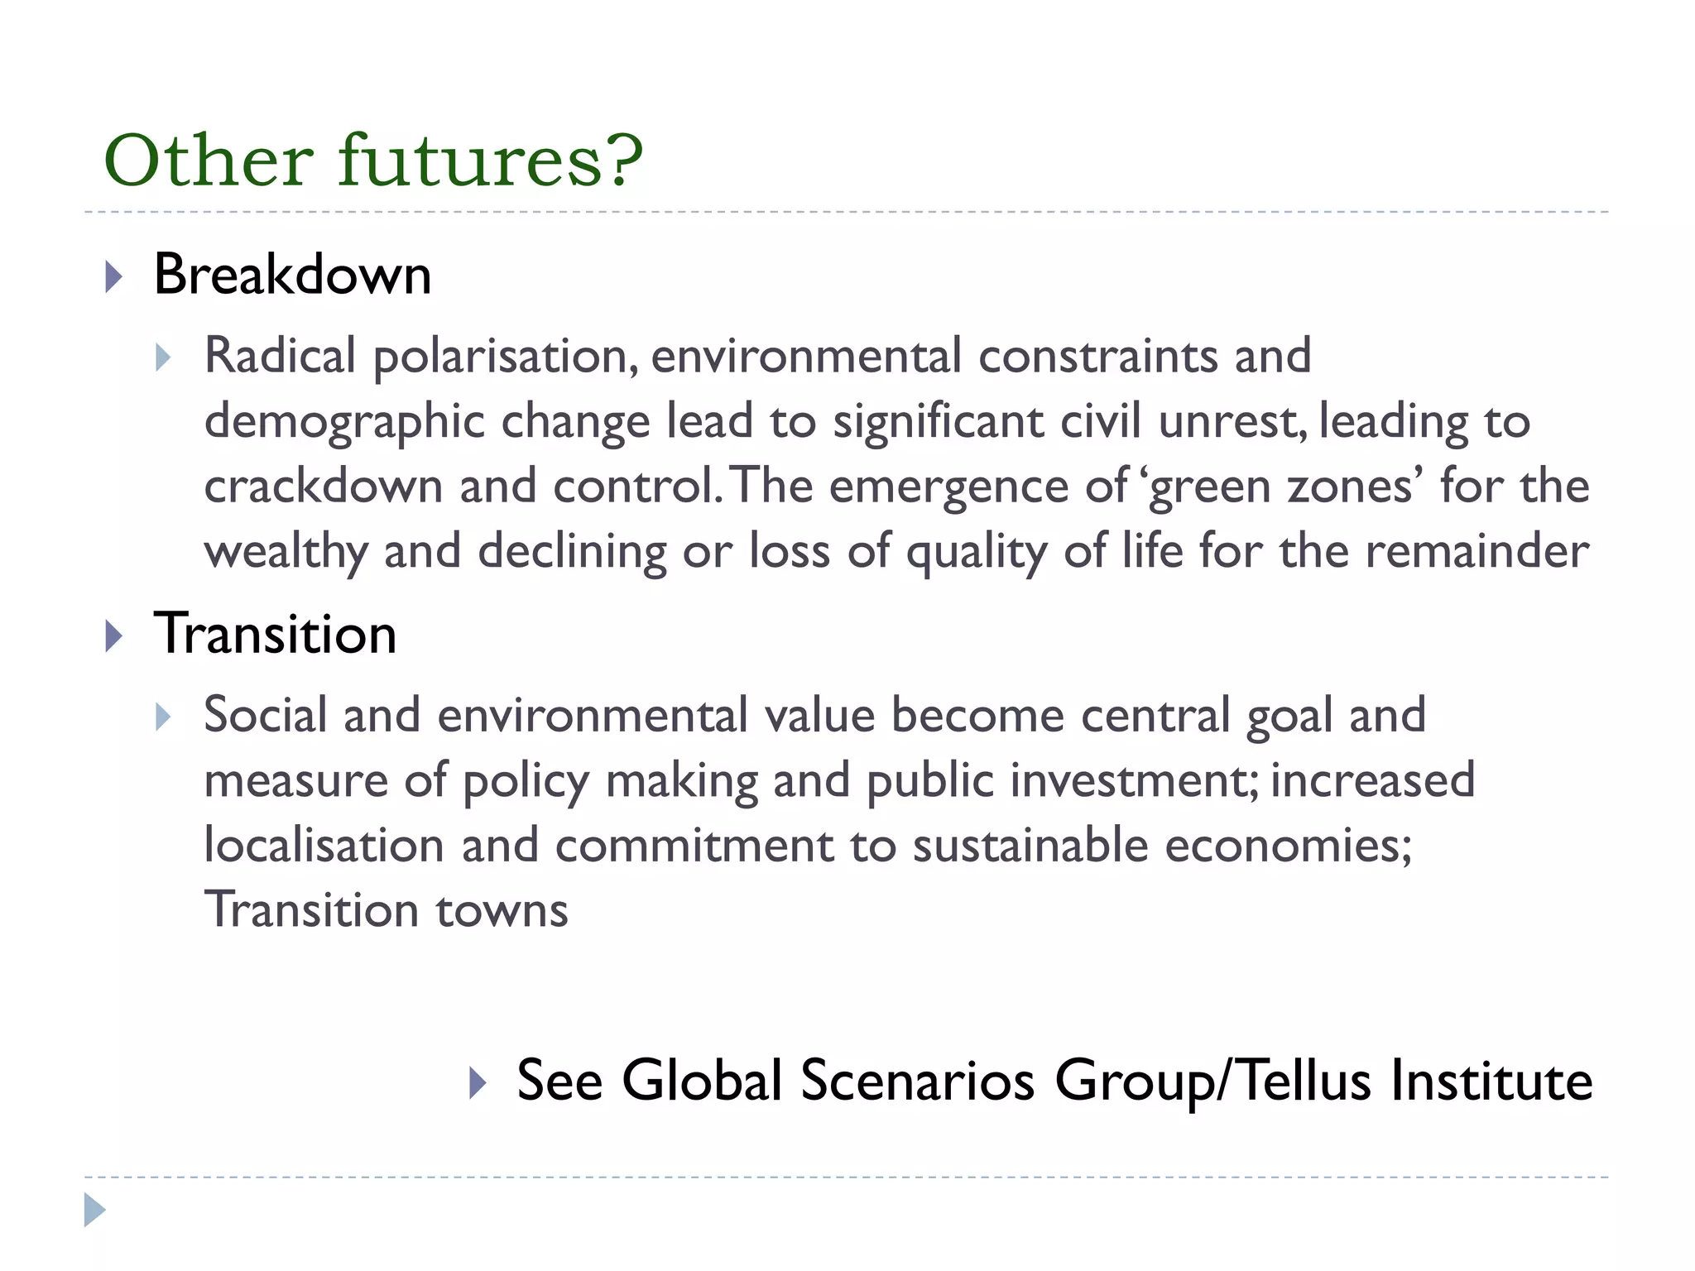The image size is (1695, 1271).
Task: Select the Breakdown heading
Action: [x=292, y=275]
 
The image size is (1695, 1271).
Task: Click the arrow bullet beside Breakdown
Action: [x=114, y=276]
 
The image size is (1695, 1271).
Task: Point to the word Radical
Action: [x=280, y=356]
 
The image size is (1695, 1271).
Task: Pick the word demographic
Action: [x=344, y=422]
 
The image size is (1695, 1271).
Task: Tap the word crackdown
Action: [x=324, y=487]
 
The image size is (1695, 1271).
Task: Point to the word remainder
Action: [x=1477, y=552]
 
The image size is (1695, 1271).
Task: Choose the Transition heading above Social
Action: [x=275, y=634]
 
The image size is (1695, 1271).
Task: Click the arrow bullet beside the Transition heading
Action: [x=114, y=636]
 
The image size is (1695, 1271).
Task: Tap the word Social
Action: [x=266, y=715]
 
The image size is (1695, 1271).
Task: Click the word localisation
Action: [x=324, y=846]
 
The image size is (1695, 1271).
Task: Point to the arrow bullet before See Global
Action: [x=477, y=1082]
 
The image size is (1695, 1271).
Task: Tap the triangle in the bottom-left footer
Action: [x=95, y=1210]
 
